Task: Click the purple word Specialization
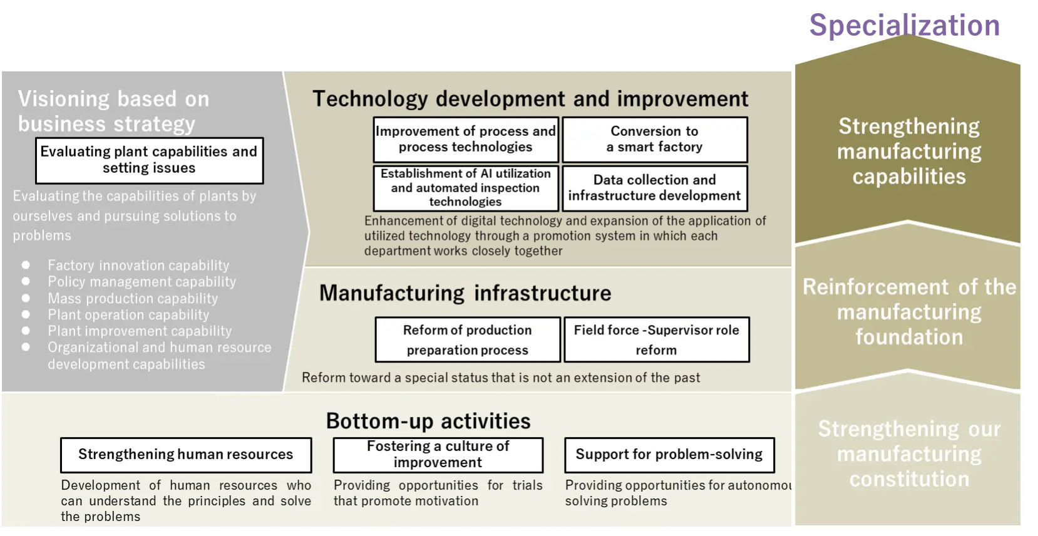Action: [x=905, y=26]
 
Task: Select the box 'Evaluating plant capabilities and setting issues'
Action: [x=149, y=160]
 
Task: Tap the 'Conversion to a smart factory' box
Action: [x=655, y=140]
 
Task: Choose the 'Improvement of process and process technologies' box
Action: [x=466, y=140]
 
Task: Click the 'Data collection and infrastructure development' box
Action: [x=655, y=188]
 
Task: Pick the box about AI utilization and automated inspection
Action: [x=466, y=188]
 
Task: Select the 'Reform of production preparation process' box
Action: [x=468, y=340]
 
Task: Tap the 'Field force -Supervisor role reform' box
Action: [x=657, y=340]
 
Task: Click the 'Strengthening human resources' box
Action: [x=186, y=455]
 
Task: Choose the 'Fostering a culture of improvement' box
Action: [x=438, y=455]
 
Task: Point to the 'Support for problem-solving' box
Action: [x=670, y=455]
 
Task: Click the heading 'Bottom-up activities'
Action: [x=428, y=421]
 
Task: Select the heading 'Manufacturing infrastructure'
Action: [x=465, y=293]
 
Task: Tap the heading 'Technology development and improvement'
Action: [x=531, y=99]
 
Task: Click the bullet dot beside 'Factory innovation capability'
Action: [x=26, y=265]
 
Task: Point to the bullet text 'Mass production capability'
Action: [x=133, y=298]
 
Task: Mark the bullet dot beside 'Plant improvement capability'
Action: [x=26, y=331]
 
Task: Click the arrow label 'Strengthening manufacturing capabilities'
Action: [x=908, y=151]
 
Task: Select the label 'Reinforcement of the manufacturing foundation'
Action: [x=909, y=312]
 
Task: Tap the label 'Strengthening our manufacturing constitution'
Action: [x=909, y=454]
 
